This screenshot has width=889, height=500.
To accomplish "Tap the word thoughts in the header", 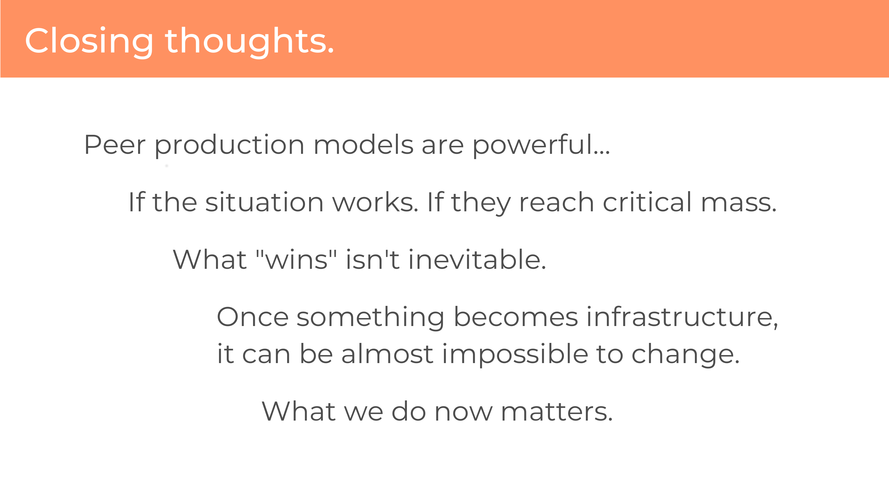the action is click(x=250, y=41).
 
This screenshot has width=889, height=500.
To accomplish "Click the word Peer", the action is click(x=115, y=145).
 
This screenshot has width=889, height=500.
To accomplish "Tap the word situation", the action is click(x=264, y=202).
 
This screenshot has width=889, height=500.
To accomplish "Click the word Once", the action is click(x=252, y=317).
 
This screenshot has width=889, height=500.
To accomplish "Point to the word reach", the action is click(x=557, y=202).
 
